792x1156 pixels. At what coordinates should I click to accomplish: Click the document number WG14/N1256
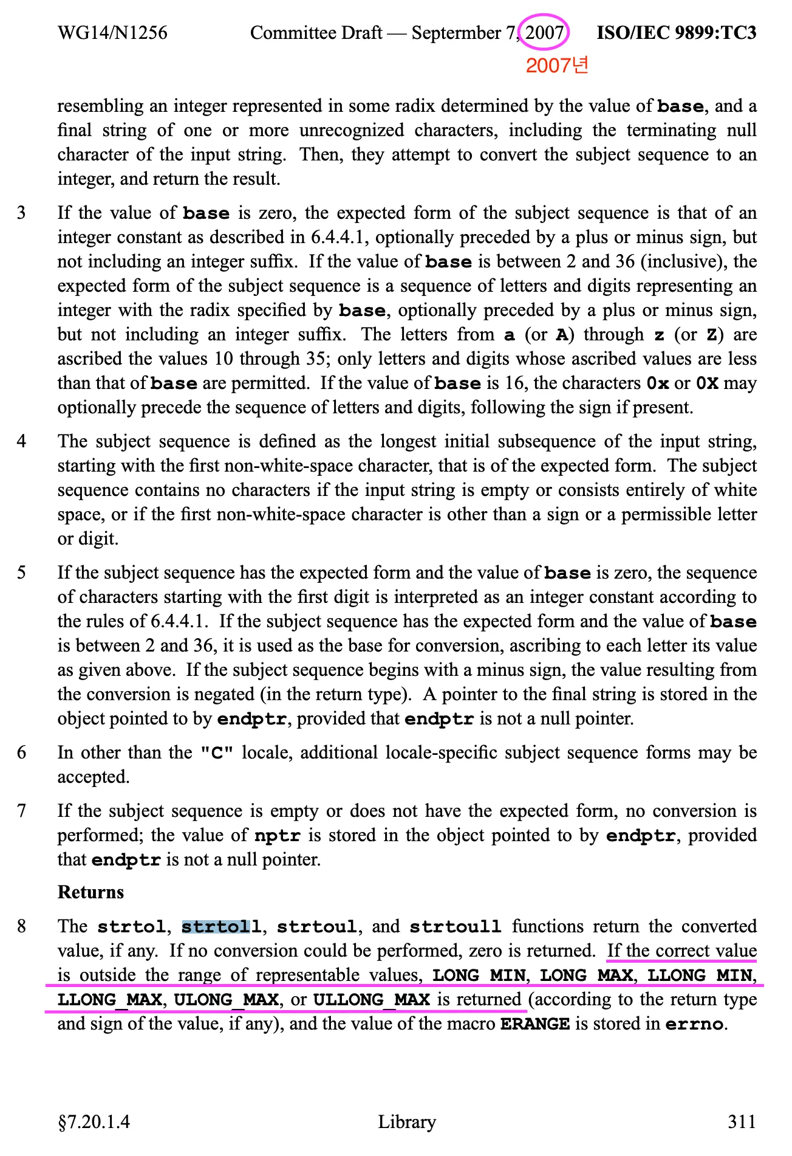pyautogui.click(x=112, y=33)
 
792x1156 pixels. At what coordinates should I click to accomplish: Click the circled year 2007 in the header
pyautogui.click(x=544, y=33)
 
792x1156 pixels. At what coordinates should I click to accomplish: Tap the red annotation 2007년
pyautogui.click(x=557, y=66)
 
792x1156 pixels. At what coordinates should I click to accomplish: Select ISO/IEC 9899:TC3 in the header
pyautogui.click(x=677, y=33)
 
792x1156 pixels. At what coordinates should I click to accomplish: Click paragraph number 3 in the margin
pyautogui.click(x=22, y=213)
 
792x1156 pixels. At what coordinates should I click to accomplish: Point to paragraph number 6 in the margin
pyautogui.click(x=22, y=752)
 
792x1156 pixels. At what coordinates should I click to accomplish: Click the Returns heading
pyautogui.click(x=90, y=892)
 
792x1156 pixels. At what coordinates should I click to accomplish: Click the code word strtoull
pyautogui.click(x=455, y=927)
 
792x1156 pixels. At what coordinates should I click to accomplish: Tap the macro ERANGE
pyautogui.click(x=534, y=1024)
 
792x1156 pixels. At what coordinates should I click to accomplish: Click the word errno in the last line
pyautogui.click(x=694, y=1024)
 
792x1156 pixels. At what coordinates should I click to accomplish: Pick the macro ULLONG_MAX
pyautogui.click(x=371, y=1000)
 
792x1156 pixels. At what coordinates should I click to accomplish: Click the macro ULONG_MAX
pyautogui.click(x=227, y=1000)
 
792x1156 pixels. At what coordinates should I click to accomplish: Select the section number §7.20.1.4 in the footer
pyautogui.click(x=94, y=1121)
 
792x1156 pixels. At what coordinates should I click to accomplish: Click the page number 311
pyautogui.click(x=742, y=1121)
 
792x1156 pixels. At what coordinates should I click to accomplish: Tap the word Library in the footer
pyautogui.click(x=407, y=1121)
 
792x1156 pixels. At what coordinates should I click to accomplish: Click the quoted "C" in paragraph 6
pyautogui.click(x=217, y=753)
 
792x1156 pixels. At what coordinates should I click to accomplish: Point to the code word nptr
pyautogui.click(x=278, y=836)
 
